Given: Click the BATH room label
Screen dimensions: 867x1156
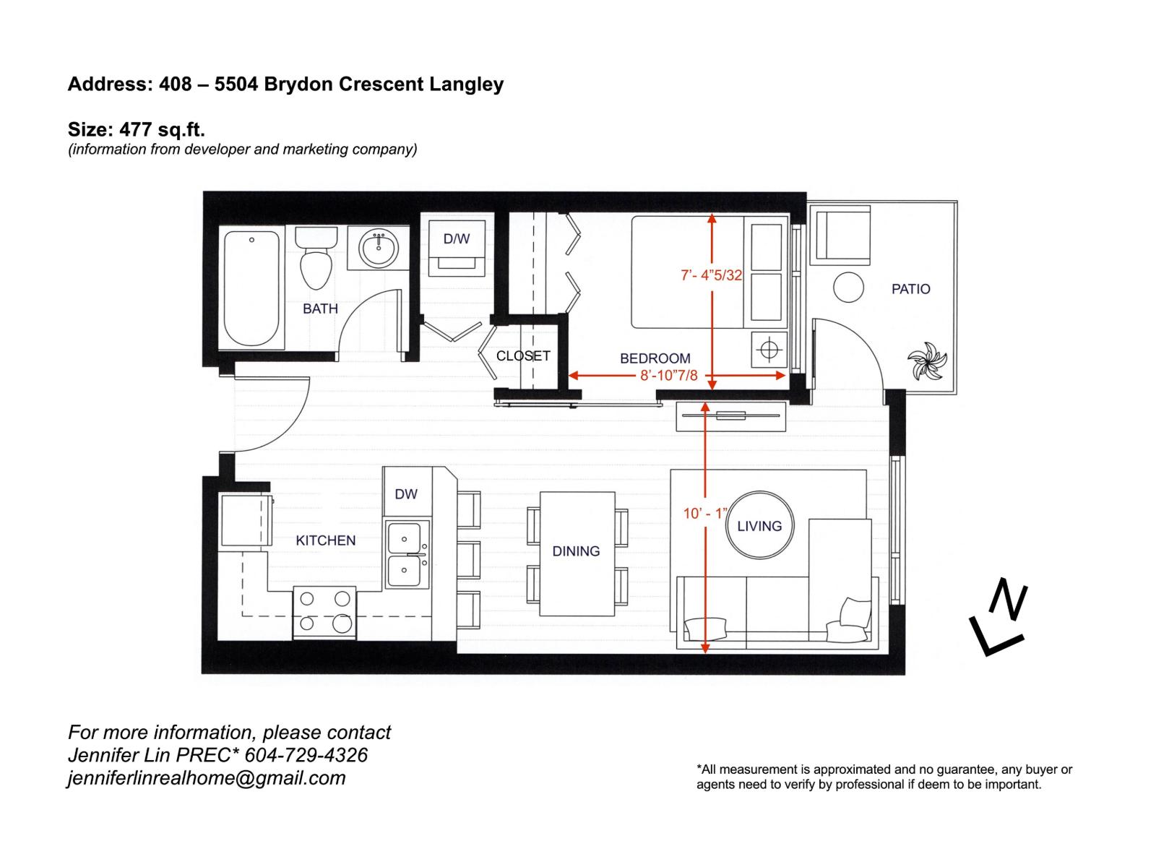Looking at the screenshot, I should tap(320, 309).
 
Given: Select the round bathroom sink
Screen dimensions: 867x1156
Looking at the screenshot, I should tap(379, 249).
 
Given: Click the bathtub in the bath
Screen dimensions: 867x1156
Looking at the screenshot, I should tap(251, 289).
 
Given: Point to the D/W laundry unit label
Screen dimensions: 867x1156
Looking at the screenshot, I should tap(457, 239).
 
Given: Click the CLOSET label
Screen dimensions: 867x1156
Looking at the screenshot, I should tap(523, 355).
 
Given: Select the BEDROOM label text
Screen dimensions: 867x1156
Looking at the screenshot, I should tap(655, 358).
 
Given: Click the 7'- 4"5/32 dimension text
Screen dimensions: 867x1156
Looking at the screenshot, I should tap(712, 275).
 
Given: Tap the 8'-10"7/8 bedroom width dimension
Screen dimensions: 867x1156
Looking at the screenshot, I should tap(669, 376).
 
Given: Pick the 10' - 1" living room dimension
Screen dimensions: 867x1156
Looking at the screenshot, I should tap(704, 514).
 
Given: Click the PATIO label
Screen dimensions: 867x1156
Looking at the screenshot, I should tap(910, 289).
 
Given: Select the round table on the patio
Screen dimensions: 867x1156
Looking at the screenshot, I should tap(848, 288).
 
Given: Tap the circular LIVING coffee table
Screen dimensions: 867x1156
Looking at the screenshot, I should tap(759, 525).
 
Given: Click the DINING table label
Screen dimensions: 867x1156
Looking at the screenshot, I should tap(576, 551).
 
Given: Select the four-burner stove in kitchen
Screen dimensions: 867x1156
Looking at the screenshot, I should tap(324, 611).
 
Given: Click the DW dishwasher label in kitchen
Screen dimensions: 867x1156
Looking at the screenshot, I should tap(406, 494).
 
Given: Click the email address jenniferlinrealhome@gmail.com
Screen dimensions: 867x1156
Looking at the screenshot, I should tap(207, 778).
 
